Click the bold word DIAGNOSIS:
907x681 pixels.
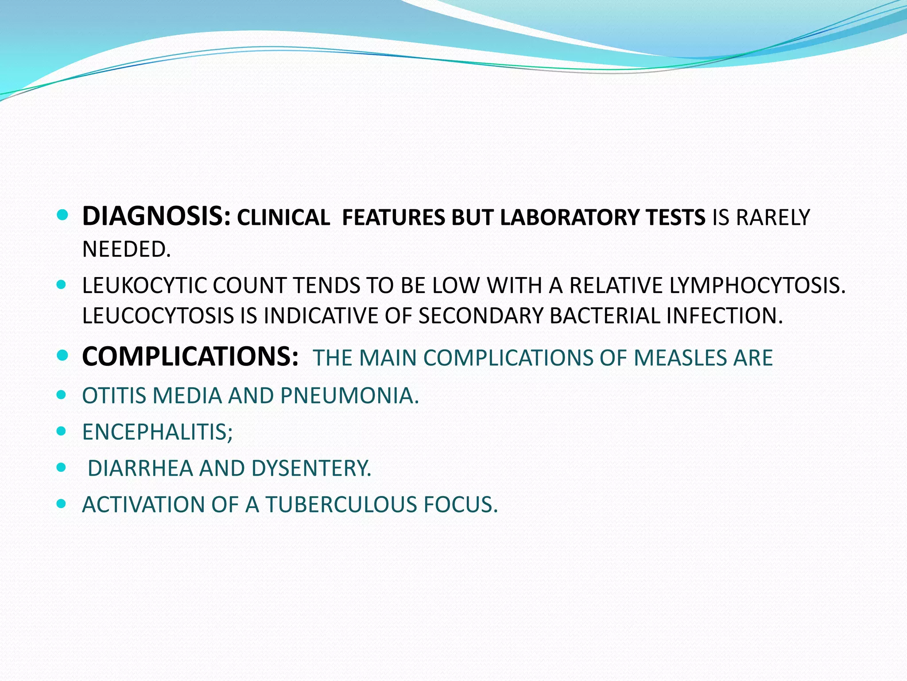click(x=156, y=217)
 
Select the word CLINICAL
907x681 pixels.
click(x=283, y=218)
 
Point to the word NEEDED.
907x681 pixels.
click(x=126, y=249)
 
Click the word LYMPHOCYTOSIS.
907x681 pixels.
click(x=757, y=285)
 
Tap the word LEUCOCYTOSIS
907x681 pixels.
click(x=158, y=316)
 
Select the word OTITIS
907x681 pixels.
click(x=114, y=395)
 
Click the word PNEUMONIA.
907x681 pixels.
click(x=349, y=395)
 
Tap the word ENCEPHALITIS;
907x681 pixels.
click(x=157, y=432)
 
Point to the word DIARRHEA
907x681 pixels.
click(x=140, y=468)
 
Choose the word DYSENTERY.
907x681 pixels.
click(x=311, y=468)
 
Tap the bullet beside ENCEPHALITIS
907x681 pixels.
click(x=62, y=431)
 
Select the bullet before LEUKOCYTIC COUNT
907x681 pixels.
click(x=62, y=284)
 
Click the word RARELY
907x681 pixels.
click(x=772, y=218)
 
